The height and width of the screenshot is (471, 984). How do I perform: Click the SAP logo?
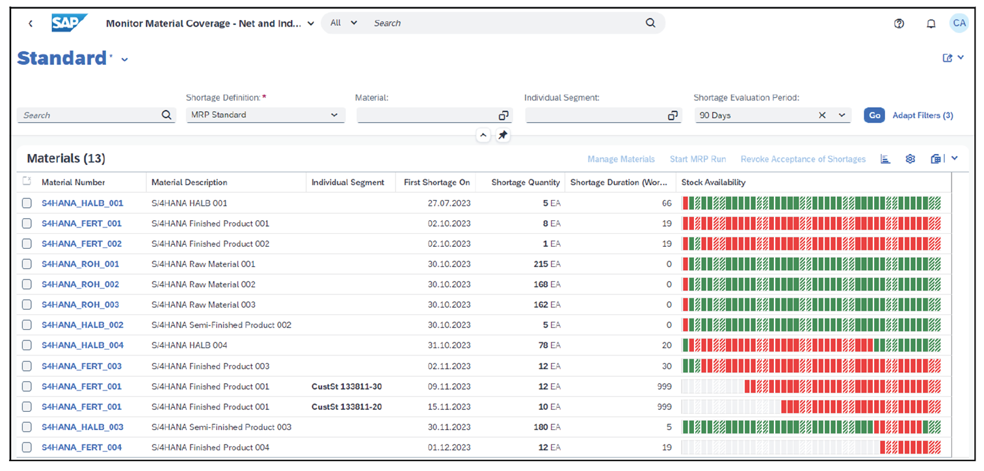click(70, 23)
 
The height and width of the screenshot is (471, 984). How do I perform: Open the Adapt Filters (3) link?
click(922, 116)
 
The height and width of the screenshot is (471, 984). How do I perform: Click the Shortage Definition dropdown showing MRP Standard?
click(265, 116)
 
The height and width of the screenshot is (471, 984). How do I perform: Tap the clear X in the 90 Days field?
click(822, 116)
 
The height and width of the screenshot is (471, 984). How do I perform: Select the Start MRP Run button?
click(697, 159)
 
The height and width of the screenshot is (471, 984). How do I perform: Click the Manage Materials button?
click(620, 159)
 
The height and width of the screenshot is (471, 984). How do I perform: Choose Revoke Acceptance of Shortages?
click(803, 159)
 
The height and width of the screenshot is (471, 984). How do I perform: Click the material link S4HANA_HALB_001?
click(82, 203)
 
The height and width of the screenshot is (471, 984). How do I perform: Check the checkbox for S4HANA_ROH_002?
click(27, 285)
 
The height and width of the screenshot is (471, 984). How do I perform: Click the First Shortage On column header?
click(436, 183)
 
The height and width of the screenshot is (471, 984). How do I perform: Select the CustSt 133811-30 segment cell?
click(346, 387)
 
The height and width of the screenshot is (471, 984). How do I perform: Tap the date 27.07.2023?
click(449, 203)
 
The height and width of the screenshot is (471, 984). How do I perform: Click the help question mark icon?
click(899, 23)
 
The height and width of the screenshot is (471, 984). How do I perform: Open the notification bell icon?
click(931, 23)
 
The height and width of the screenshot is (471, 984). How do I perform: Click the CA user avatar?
click(959, 23)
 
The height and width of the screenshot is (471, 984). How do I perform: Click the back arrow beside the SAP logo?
click(31, 23)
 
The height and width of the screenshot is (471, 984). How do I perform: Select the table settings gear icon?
click(910, 159)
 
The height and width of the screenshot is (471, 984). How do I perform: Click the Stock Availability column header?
click(713, 183)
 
